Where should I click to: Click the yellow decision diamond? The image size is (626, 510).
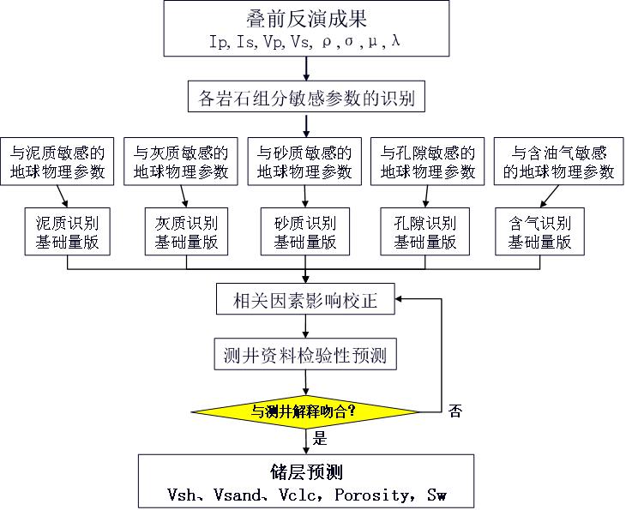point(305,411)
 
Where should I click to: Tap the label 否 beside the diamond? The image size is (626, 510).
point(455,411)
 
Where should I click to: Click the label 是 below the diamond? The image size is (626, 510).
point(320,439)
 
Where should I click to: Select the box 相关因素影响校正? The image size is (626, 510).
point(305,299)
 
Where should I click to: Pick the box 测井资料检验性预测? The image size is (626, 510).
point(305,354)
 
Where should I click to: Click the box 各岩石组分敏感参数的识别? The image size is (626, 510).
point(306,97)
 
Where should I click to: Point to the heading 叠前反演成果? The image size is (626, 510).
point(307,19)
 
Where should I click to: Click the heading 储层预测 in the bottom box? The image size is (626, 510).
point(306,472)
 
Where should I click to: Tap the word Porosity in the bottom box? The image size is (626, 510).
point(372,495)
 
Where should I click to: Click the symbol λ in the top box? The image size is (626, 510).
point(395,41)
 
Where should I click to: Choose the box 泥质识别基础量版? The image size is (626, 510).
point(67,231)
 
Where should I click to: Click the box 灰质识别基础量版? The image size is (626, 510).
point(186,231)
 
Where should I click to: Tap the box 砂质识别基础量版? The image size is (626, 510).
point(305,231)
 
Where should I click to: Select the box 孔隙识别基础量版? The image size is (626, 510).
point(424,231)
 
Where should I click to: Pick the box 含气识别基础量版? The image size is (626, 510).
point(539,231)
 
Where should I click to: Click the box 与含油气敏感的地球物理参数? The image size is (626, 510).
point(559,161)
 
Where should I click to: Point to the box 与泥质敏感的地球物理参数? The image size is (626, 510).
point(57,161)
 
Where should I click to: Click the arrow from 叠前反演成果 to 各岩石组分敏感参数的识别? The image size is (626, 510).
point(306,69)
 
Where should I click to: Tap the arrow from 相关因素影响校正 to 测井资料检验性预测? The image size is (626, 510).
point(305,327)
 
